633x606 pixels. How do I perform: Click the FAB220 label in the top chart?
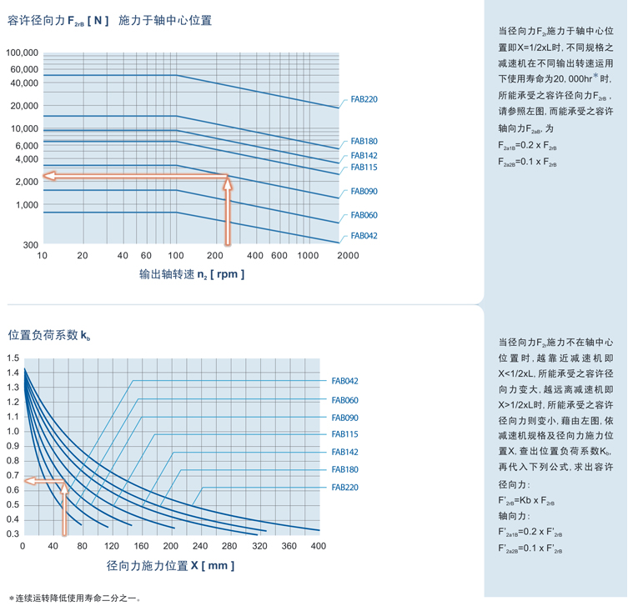pyautogui.click(x=364, y=99)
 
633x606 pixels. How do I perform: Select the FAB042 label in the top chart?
pyautogui.click(x=364, y=236)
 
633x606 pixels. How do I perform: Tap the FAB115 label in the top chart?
pyautogui.click(x=364, y=168)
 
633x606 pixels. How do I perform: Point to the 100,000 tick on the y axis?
pyautogui.click(x=23, y=53)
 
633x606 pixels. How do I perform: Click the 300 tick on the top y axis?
pyautogui.click(x=31, y=244)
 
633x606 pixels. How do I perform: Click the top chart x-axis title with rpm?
pyautogui.click(x=192, y=274)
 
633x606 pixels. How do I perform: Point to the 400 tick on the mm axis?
pyautogui.click(x=319, y=547)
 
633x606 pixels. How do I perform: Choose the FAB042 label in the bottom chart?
pyautogui.click(x=344, y=381)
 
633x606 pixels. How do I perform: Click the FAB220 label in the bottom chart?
pyautogui.click(x=344, y=488)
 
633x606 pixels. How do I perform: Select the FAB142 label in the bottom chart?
pyautogui.click(x=344, y=452)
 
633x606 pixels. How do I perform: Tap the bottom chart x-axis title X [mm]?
pyautogui.click(x=170, y=566)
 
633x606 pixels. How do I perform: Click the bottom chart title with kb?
pyautogui.click(x=49, y=335)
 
